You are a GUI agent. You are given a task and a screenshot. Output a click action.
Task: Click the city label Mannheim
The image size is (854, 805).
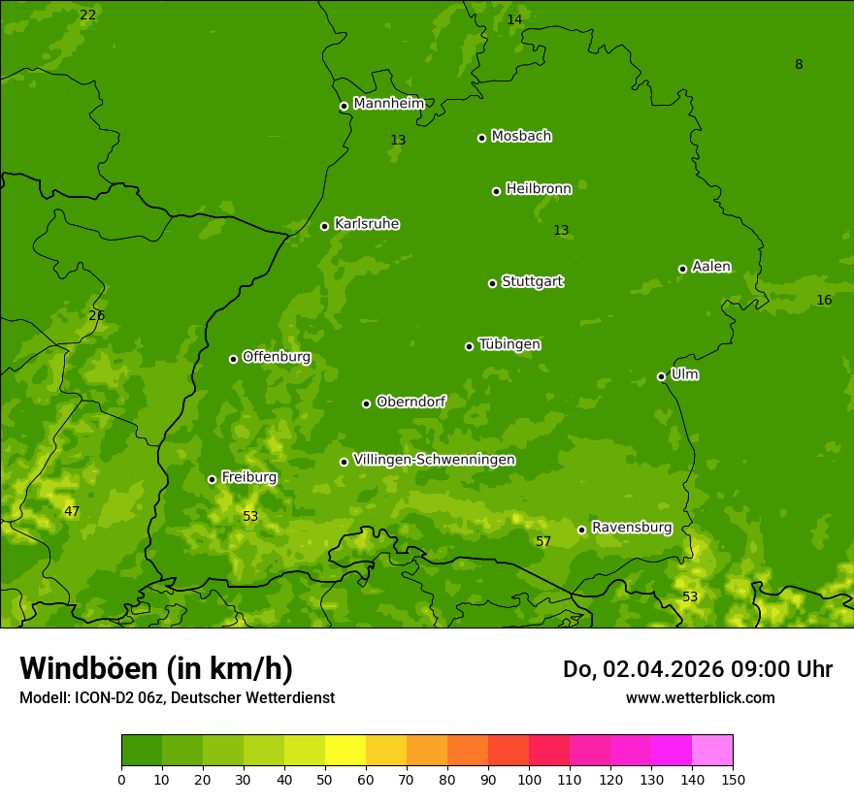click(388, 104)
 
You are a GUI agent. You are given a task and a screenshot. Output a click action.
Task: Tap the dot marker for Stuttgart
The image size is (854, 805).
click(493, 283)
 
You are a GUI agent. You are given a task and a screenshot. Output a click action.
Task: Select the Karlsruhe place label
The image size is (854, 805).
click(367, 224)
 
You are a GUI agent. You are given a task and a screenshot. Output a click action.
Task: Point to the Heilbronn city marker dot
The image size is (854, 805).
click(497, 191)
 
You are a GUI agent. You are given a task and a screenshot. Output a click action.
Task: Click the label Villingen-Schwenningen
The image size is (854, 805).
click(434, 460)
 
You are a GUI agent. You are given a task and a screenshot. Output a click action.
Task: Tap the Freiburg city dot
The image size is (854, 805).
click(213, 479)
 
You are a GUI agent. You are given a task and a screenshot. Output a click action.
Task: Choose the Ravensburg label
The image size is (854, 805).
click(632, 528)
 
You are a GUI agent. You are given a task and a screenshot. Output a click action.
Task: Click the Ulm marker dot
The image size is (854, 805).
click(662, 376)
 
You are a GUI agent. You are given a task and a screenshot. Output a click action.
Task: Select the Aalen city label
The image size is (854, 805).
click(711, 267)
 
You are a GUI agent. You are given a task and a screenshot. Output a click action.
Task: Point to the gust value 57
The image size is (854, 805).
click(543, 542)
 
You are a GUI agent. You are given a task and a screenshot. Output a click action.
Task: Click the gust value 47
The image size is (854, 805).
click(72, 511)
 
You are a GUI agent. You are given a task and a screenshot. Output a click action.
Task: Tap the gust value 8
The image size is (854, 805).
click(799, 65)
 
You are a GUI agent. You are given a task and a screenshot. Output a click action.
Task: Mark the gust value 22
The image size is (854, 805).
click(88, 15)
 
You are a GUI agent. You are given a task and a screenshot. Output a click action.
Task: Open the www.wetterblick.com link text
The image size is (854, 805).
click(700, 697)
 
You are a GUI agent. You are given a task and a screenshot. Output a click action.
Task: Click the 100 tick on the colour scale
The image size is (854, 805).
click(529, 779)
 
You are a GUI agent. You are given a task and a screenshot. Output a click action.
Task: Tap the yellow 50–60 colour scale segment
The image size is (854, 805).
click(345, 751)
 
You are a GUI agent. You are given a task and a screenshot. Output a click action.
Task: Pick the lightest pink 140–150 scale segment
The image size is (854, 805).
click(712, 751)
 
